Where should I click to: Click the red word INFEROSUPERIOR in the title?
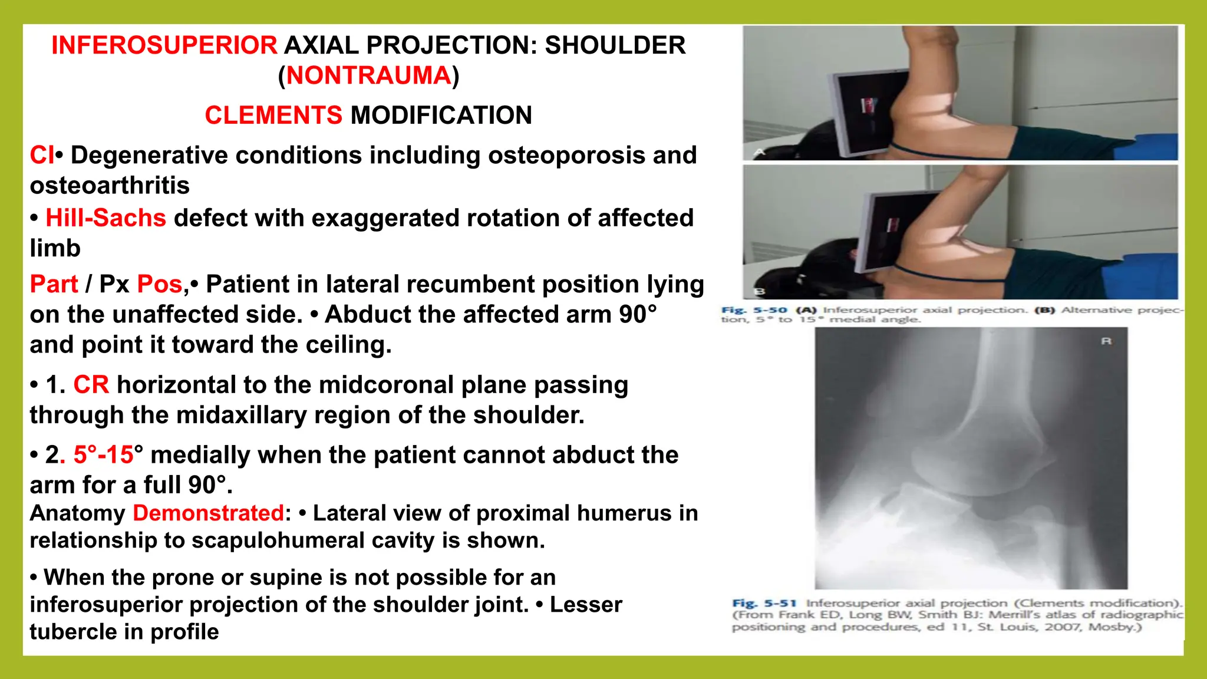164,45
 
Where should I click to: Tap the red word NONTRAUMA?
368,75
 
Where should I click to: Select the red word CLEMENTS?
273,115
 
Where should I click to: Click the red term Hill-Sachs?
106,218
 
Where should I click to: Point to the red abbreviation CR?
91,385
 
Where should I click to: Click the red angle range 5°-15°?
104,455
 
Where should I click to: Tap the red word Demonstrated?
209,513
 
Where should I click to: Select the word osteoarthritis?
110,186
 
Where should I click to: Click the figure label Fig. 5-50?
754,310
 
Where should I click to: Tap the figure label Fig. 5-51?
764,603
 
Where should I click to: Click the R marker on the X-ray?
1106,341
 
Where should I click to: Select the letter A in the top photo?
760,152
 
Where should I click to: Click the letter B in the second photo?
760,291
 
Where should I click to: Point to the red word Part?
54,284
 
